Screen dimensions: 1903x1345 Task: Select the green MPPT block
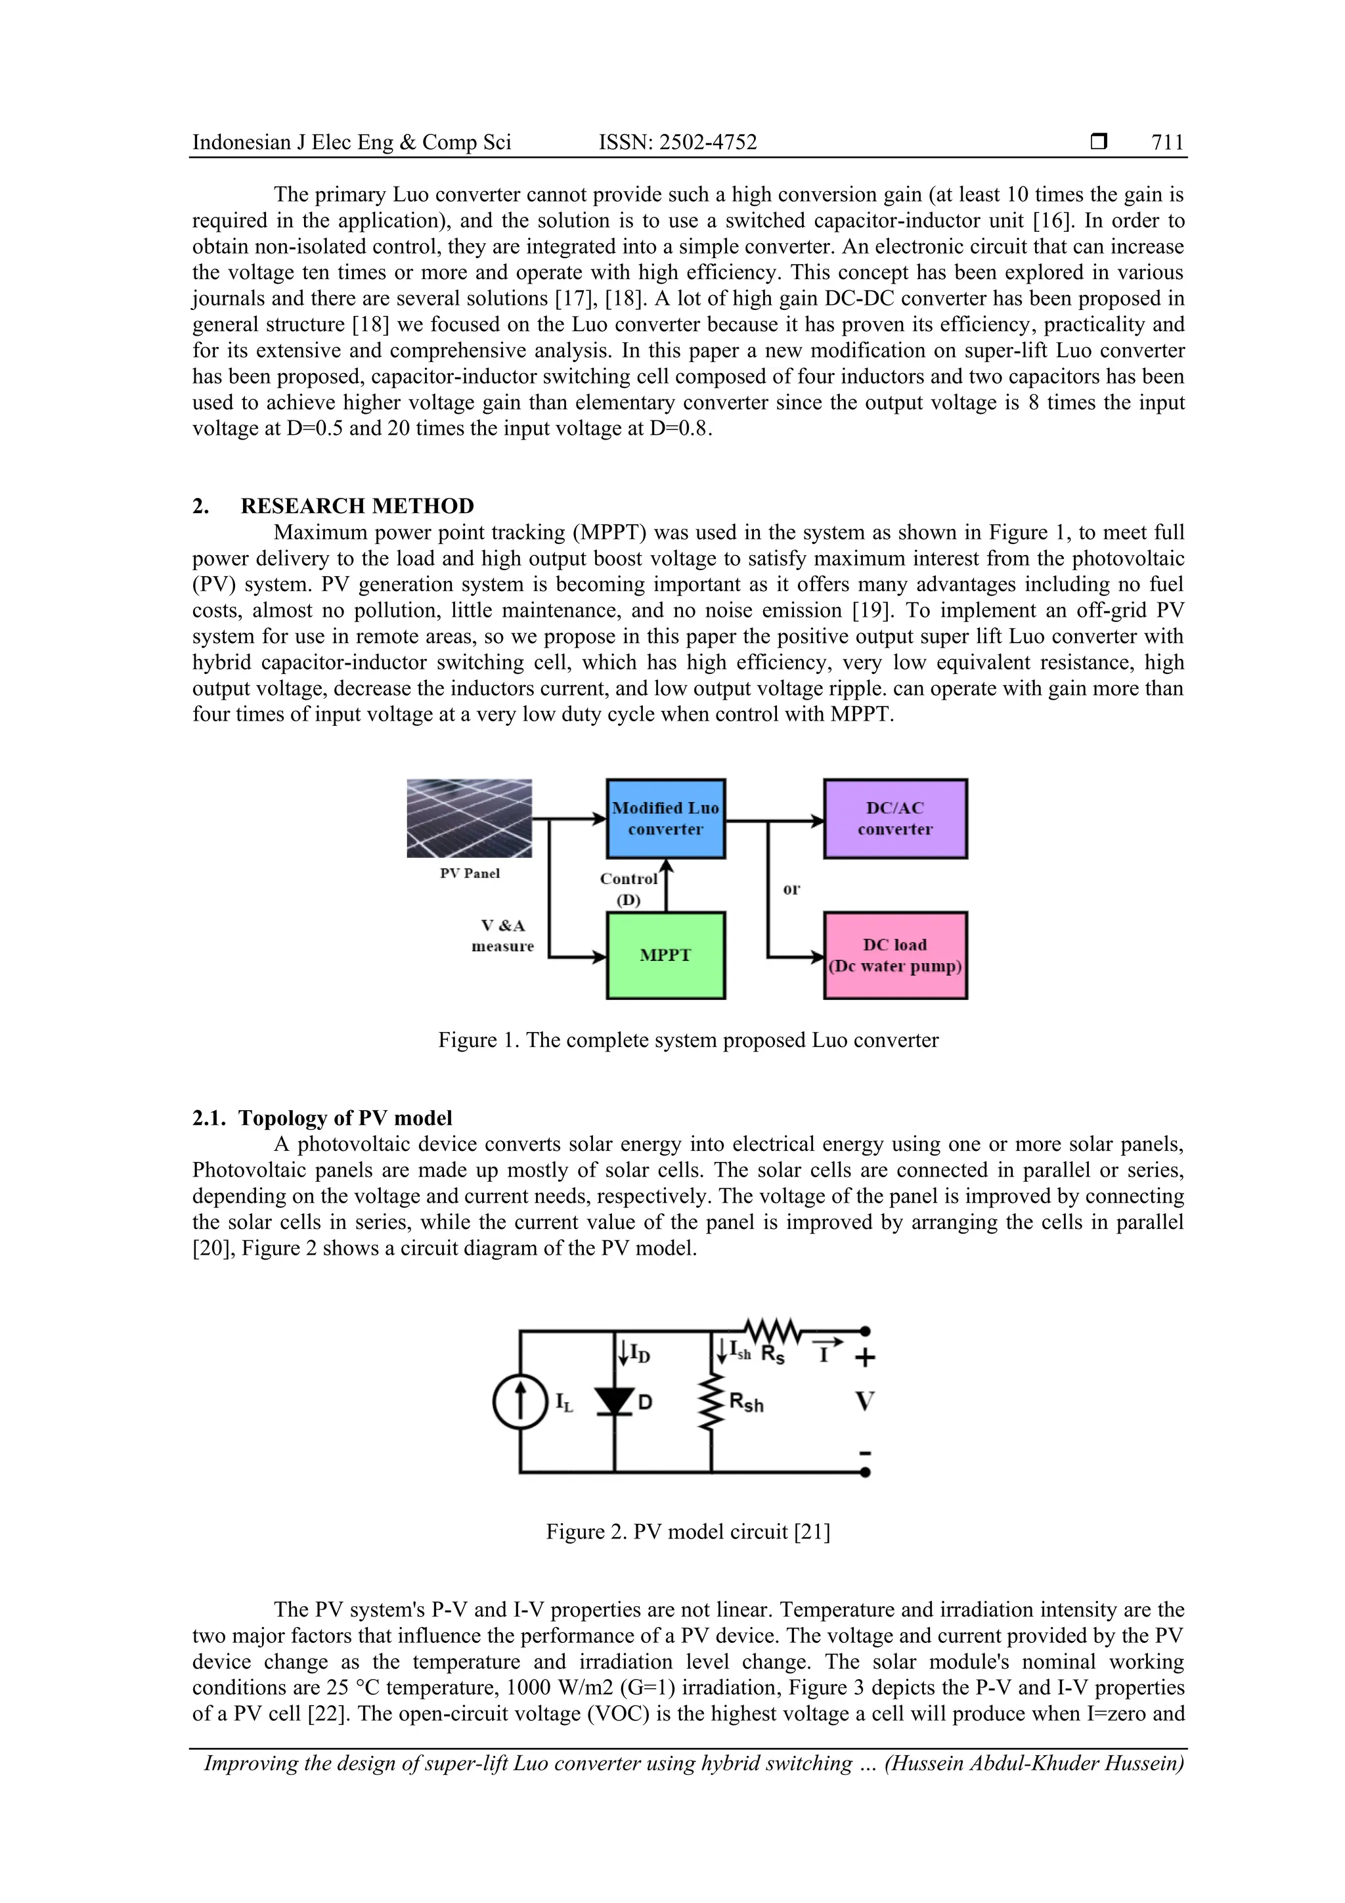coord(665,955)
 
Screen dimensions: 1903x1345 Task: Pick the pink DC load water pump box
coord(895,955)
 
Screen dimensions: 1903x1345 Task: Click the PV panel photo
coord(469,818)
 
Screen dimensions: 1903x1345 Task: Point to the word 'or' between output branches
coord(791,889)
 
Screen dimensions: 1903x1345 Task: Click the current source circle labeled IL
coord(520,1402)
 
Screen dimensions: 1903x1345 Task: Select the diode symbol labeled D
coord(615,1402)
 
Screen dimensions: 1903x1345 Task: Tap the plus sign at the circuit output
coord(864,1358)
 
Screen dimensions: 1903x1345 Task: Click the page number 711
coord(1167,143)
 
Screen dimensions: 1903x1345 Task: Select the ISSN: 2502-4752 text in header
coord(678,143)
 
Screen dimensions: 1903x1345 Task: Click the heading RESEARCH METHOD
coord(357,506)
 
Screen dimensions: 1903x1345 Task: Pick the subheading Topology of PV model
coord(345,1118)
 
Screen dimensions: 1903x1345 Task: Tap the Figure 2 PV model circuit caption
coord(688,1532)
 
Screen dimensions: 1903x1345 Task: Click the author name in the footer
coord(1034,1763)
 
